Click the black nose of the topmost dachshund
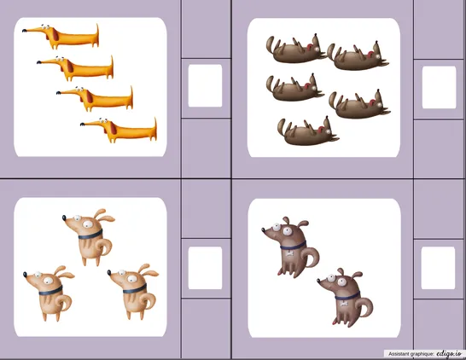click(x=24, y=30)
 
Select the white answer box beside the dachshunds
click(x=205, y=86)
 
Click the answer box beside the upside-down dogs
click(x=439, y=87)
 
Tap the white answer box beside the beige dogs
click(x=205, y=268)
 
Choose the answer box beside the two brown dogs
click(x=438, y=268)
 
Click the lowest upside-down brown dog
click(x=307, y=132)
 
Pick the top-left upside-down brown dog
click(x=295, y=49)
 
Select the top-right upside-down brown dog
click(x=358, y=56)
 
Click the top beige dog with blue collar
click(x=89, y=236)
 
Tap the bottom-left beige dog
click(x=49, y=293)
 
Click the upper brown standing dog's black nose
click(x=264, y=229)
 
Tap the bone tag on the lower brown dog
click(x=344, y=304)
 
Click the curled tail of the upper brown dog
click(x=312, y=258)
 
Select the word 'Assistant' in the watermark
click(x=397, y=354)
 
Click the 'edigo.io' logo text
click(x=449, y=353)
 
